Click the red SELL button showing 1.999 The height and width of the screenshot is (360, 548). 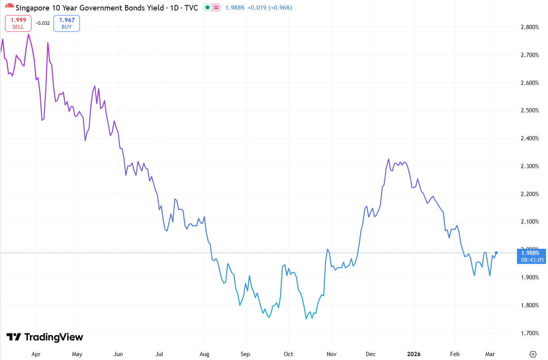[x=18, y=23]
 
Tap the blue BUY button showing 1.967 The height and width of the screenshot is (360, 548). [x=67, y=23]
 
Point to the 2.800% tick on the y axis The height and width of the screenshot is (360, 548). [x=529, y=27]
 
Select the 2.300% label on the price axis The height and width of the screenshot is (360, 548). [x=529, y=166]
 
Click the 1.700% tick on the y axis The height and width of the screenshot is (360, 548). [x=529, y=333]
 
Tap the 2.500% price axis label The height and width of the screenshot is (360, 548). [x=529, y=110]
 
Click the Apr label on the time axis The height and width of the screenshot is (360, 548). [x=36, y=354]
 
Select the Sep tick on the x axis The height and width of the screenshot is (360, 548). [x=245, y=354]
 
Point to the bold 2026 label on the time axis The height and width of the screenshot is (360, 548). [x=413, y=354]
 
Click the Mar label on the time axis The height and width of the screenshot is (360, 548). [x=490, y=354]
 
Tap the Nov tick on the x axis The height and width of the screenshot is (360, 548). [x=332, y=354]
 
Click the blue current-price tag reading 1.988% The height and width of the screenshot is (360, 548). [x=531, y=253]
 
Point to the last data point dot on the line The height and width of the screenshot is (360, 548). [x=496, y=253]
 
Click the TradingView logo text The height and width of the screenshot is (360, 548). [x=54, y=337]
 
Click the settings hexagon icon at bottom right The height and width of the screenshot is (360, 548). [x=533, y=354]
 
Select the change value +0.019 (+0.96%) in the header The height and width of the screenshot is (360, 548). [x=270, y=8]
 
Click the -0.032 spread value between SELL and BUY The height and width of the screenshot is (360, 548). [x=43, y=23]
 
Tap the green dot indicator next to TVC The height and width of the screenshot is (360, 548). [x=207, y=7]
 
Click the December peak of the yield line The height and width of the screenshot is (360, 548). [x=388, y=159]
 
